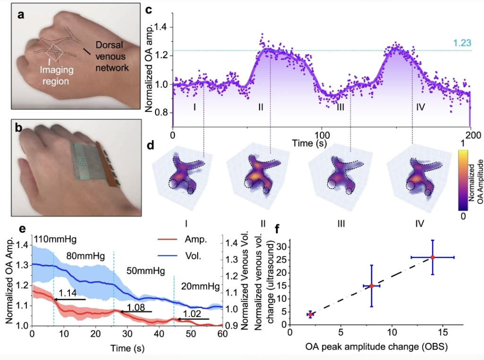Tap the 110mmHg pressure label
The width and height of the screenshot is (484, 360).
pyautogui.click(x=51, y=239)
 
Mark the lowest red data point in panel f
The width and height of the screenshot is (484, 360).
pyautogui.click(x=310, y=314)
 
